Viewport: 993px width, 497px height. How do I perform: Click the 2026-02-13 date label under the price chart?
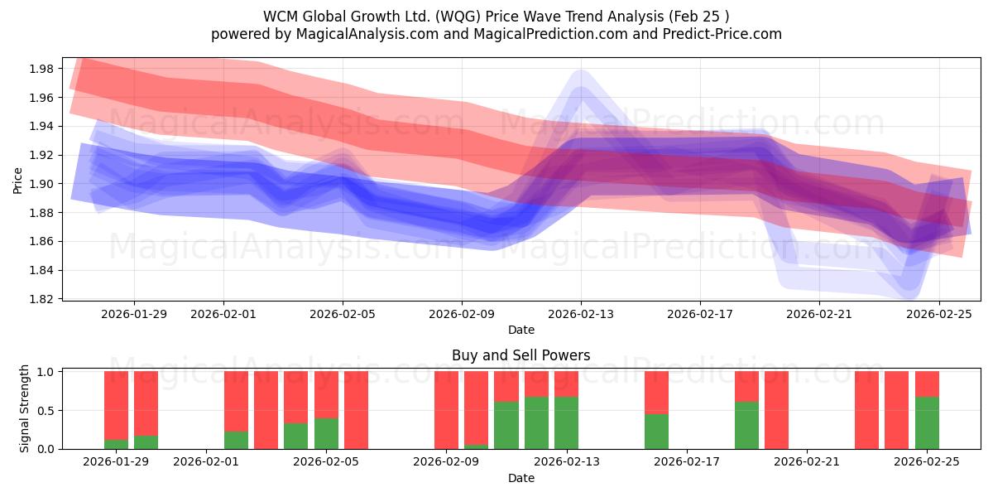click(581, 314)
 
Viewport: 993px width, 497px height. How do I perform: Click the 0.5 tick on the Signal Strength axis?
click(48, 411)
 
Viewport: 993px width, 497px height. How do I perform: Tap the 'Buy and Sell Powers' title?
click(520, 355)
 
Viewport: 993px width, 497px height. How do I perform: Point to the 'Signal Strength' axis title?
click(25, 408)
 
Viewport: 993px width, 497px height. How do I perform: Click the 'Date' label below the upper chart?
click(520, 330)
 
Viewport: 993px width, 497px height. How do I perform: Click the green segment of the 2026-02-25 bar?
click(927, 422)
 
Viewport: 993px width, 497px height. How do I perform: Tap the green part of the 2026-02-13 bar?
click(566, 422)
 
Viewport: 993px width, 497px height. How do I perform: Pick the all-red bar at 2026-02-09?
click(446, 410)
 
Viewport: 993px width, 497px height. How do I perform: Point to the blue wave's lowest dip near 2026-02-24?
click(909, 289)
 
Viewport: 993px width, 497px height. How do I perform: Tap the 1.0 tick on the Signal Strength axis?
click(48, 372)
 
